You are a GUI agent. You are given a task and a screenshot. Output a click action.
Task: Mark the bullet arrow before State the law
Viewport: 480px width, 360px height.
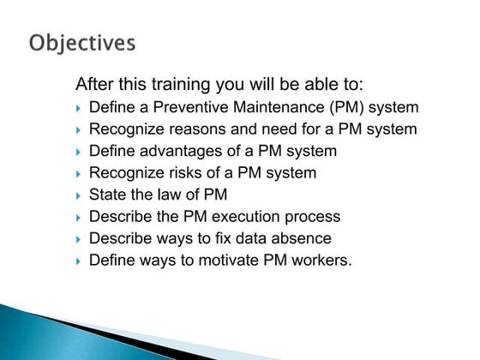point(78,195)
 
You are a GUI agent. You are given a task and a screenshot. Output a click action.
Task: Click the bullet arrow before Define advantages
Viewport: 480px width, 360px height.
point(78,152)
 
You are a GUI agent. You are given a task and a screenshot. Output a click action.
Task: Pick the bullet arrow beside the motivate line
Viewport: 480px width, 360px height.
point(78,261)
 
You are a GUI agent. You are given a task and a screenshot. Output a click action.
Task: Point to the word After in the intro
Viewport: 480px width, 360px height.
point(95,85)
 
